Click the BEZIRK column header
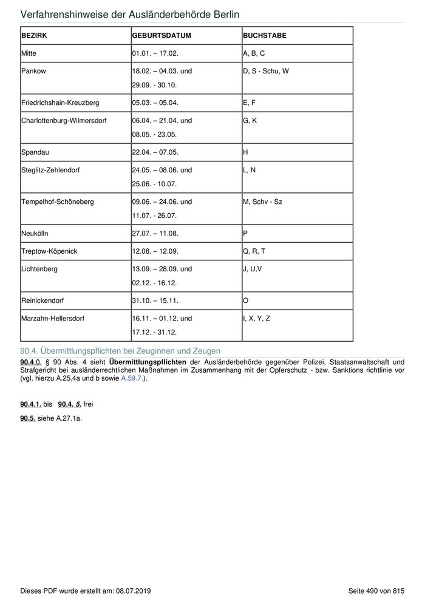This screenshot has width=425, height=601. [34, 36]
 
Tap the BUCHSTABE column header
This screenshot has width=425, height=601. [265, 36]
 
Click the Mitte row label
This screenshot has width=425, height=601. [29, 53]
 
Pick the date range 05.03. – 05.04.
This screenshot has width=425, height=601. [155, 103]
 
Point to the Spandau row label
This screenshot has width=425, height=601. [34, 152]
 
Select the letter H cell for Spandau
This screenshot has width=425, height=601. [245, 152]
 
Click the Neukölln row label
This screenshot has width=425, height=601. [34, 233]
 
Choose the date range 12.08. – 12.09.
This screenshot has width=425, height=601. [155, 251]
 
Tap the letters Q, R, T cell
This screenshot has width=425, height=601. [254, 251]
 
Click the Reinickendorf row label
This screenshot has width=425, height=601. [42, 300]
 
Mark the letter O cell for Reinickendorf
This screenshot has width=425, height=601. [245, 300]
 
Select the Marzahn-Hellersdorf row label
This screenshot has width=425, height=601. [51, 318]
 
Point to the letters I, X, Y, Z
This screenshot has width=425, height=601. [256, 318]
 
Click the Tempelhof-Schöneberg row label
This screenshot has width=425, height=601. [58, 202]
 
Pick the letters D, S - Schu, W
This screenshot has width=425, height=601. [266, 71]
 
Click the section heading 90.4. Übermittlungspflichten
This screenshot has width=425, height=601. [120, 351]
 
